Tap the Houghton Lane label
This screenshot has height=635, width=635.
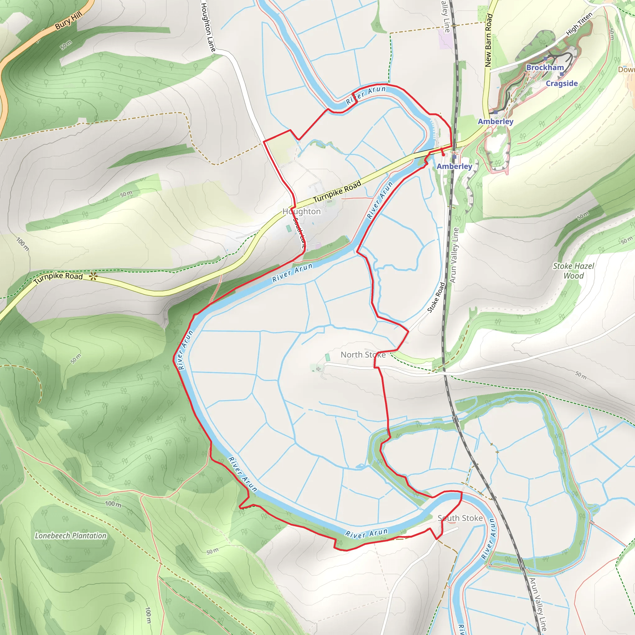coord(208,27)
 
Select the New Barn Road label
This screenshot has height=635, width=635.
coord(489,40)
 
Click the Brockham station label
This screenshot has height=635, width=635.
coord(545,67)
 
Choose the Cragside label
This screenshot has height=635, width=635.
coord(562,83)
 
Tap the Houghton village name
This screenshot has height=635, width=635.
coord(301,211)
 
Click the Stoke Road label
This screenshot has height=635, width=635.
coord(436,297)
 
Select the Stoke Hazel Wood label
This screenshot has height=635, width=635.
coord(574,271)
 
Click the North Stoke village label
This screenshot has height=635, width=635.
coord(363,355)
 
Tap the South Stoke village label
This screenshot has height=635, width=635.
coord(460,518)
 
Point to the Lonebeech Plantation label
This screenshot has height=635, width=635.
coord(71,536)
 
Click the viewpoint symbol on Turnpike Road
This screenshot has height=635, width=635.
coord(93,276)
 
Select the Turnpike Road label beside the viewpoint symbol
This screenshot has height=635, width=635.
coord(59,278)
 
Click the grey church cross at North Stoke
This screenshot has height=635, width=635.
coord(318,369)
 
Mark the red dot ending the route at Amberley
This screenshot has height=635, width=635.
coord(443,154)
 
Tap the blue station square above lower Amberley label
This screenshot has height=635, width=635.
coord(454,157)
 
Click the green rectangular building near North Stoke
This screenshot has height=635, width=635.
coord(327,357)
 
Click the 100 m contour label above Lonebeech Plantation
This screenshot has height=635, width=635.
coord(113,504)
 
